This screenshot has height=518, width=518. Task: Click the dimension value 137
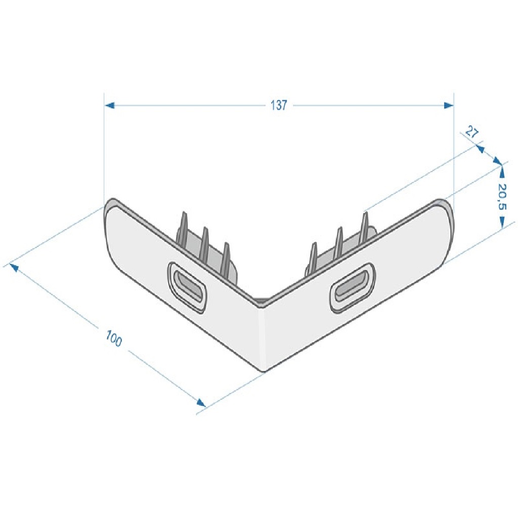[x=279, y=105]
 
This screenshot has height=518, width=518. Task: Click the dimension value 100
[x=114, y=338]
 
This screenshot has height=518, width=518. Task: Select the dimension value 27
[x=471, y=134]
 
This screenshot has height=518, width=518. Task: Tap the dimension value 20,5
[x=502, y=197]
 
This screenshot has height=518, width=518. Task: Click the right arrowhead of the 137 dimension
[x=448, y=105]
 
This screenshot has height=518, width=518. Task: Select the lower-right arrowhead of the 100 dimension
[x=201, y=403]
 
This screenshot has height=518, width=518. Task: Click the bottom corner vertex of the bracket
[x=264, y=371]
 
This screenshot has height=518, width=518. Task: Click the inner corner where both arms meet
[x=262, y=302]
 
